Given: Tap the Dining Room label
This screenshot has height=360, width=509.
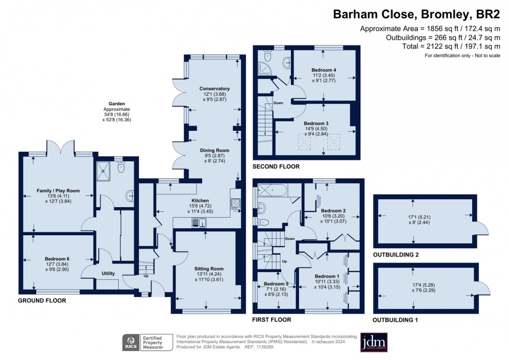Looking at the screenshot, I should [214, 150].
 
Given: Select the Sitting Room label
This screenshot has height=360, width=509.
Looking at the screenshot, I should [209, 269].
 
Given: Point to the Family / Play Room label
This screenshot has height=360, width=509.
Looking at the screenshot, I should [58, 191].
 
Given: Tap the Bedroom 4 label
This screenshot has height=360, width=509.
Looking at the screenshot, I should [324, 69].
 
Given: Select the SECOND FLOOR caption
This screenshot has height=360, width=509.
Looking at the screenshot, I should [276, 166].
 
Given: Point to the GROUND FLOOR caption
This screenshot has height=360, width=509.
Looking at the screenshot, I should [42, 301].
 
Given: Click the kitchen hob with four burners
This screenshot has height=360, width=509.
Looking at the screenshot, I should [236, 204].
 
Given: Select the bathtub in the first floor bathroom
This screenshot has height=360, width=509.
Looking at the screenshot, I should [278, 191].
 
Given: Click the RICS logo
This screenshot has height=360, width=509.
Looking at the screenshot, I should [132, 343].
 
